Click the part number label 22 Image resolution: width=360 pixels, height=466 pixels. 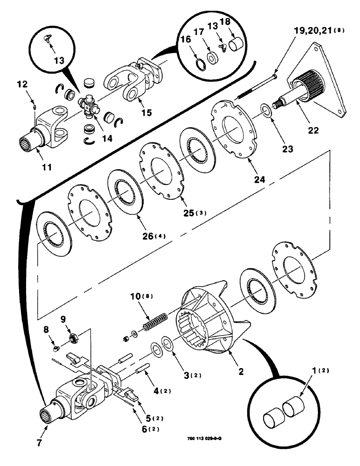(x=313, y=130)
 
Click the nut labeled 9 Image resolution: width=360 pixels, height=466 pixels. (x=73, y=337)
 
